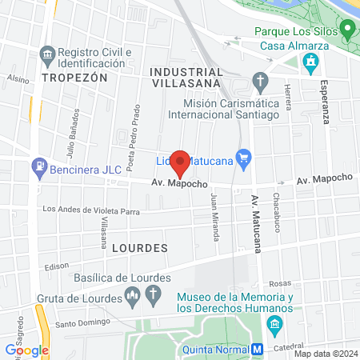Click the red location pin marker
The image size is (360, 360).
181,162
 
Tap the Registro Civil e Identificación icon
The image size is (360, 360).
46,55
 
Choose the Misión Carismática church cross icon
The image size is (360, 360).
260,80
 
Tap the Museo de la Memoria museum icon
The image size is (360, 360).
274,323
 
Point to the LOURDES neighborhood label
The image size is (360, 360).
140,247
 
